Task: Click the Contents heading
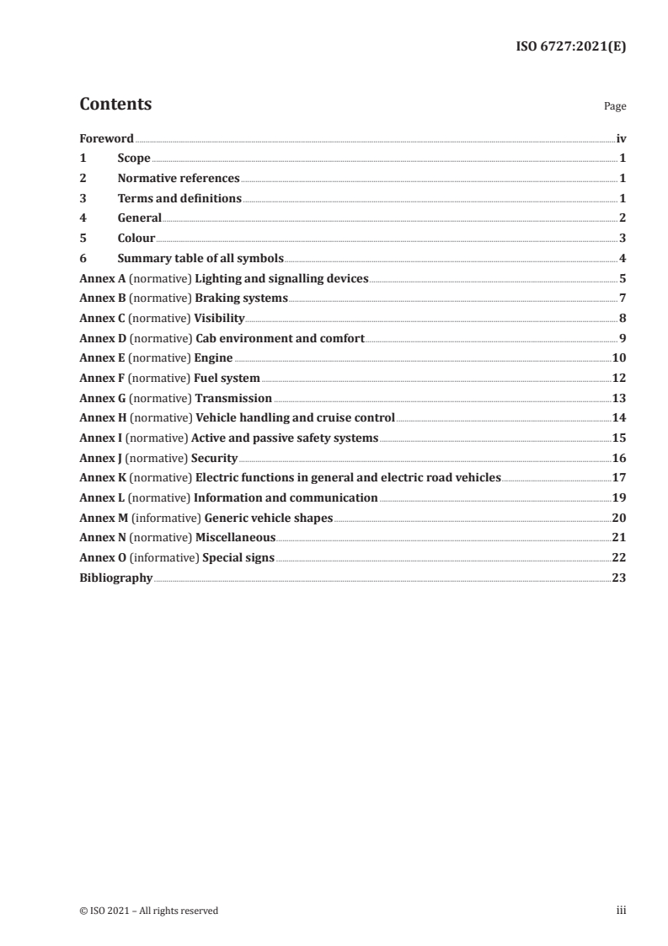pyautogui.click(x=115, y=105)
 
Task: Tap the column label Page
pyautogui.click(x=614, y=107)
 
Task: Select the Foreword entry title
pyautogui.click(x=106, y=138)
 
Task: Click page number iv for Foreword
pyautogui.click(x=621, y=138)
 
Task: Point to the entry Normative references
pyautogui.click(x=179, y=179)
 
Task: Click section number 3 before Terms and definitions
pyautogui.click(x=83, y=199)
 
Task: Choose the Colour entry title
pyautogui.click(x=136, y=239)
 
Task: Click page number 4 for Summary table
pyautogui.click(x=622, y=259)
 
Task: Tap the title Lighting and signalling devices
pyautogui.click(x=281, y=279)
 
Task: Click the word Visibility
pyautogui.click(x=219, y=319)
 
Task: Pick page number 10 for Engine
pyautogui.click(x=618, y=358)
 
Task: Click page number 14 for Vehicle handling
pyautogui.click(x=618, y=418)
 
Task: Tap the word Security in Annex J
pyautogui.click(x=214, y=458)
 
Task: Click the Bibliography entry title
pyautogui.click(x=115, y=578)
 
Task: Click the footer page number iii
pyautogui.click(x=621, y=911)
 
